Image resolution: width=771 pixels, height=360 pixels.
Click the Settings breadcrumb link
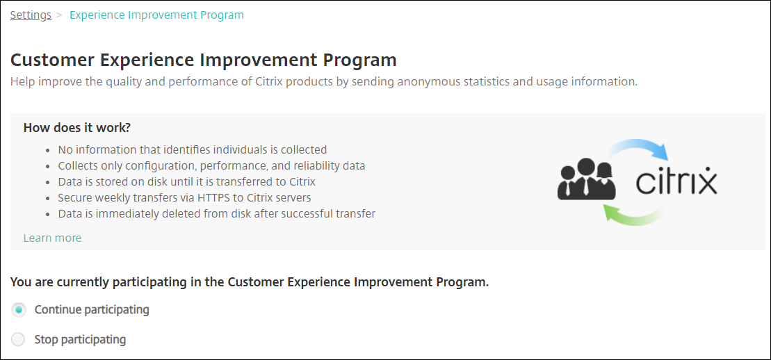pos(31,15)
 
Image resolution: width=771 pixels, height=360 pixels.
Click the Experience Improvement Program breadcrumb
pos(157,15)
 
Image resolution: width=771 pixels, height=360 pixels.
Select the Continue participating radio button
pos(18,310)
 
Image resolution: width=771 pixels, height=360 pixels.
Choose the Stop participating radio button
pos(18,339)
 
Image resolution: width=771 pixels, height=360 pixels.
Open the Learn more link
pos(53,238)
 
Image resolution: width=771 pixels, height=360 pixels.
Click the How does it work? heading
pos(77,128)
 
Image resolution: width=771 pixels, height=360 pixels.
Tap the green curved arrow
pos(631,216)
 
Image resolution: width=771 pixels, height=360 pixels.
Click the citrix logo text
pos(676,182)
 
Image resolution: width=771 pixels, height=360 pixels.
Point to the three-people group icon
pos(587,179)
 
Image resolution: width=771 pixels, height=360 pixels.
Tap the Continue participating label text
pos(92,310)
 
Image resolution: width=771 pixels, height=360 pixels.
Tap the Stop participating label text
pos(80,339)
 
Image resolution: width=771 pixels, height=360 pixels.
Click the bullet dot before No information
pos(48,150)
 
